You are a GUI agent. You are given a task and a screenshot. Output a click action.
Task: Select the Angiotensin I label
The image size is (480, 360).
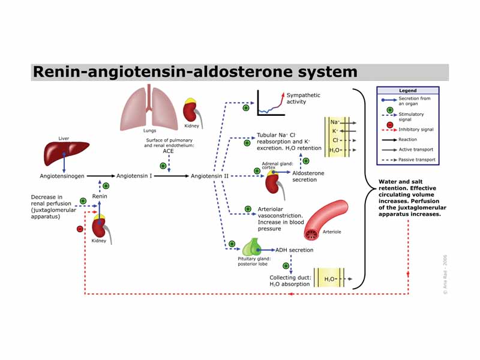click(x=134, y=176)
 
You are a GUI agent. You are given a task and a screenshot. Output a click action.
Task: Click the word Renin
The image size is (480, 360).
click(x=99, y=196)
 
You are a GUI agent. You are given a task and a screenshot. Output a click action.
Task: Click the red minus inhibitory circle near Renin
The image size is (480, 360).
click(x=80, y=229)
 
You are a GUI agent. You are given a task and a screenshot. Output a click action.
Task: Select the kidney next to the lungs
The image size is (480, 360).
click(x=191, y=111)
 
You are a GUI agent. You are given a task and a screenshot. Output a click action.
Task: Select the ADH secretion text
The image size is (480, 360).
click(x=294, y=250)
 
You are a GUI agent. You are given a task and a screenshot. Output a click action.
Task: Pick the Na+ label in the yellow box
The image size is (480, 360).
click(x=334, y=122)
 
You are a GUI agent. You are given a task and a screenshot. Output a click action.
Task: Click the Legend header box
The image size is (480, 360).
click(x=407, y=91)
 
